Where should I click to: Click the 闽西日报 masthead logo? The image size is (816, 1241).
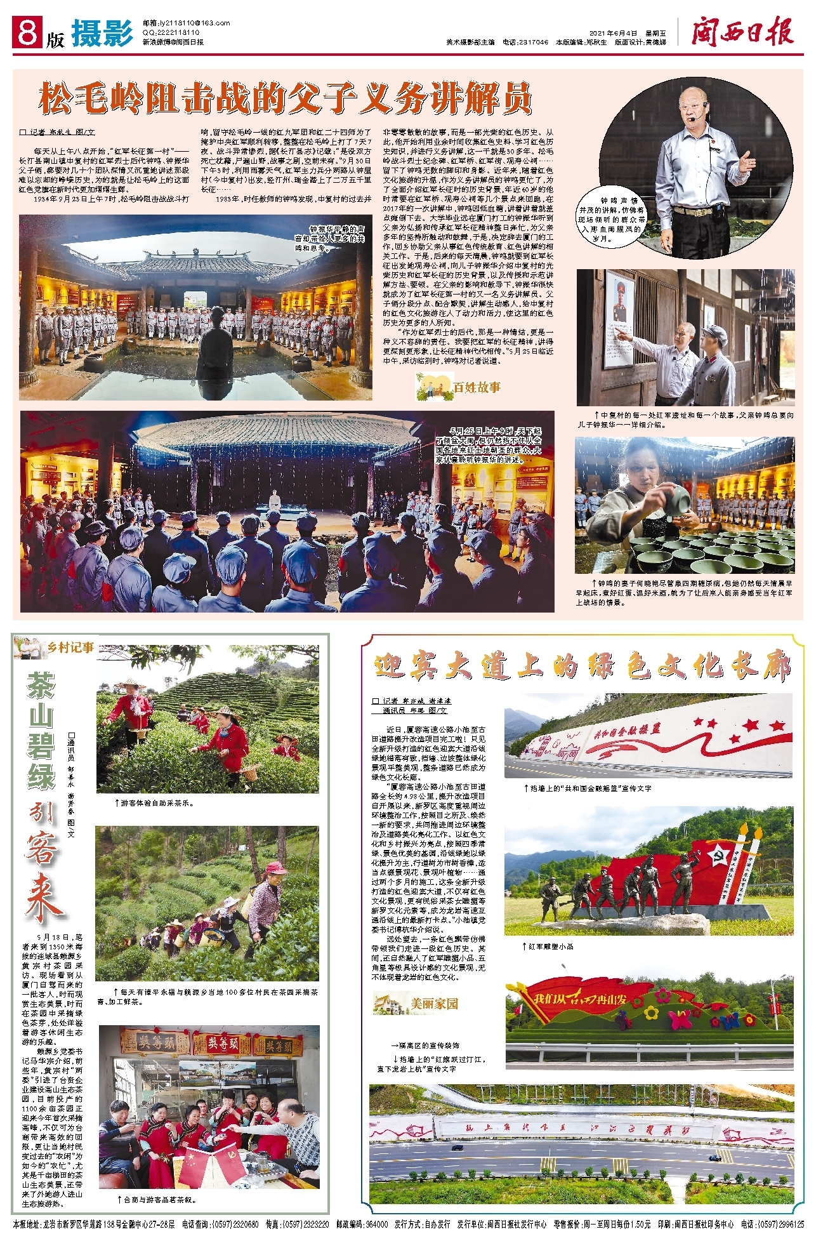[742, 32]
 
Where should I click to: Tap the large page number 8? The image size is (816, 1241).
[27, 32]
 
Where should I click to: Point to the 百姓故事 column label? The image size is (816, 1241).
[458, 387]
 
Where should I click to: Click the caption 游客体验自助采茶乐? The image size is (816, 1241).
[157, 802]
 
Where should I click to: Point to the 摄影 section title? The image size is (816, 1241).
[102, 34]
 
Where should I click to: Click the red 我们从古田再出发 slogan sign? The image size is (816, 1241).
[579, 999]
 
